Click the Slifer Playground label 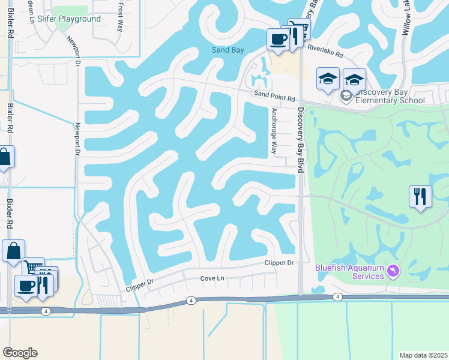pyautogui.click(x=69, y=19)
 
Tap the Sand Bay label pyautogui.click(x=228, y=50)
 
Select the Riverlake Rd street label pyautogui.click(x=325, y=53)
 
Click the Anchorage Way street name pyautogui.click(x=274, y=131)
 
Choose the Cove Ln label pyautogui.click(x=212, y=278)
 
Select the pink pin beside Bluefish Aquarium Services pyautogui.click(x=393, y=272)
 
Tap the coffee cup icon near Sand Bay pyautogui.click(x=278, y=40)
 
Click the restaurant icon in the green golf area pyautogui.click(x=420, y=196)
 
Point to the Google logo pyautogui.click(x=20, y=353)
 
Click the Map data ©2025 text pyautogui.click(x=424, y=355)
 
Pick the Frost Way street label pyautogui.click(x=121, y=12)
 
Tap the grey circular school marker pyautogui.click(x=346, y=95)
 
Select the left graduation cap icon pyautogui.click(x=328, y=79)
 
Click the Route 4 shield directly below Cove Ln pyautogui.click(x=191, y=300)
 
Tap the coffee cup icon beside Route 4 pyautogui.click(x=25, y=286)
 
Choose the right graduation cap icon pyautogui.click(x=354, y=80)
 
